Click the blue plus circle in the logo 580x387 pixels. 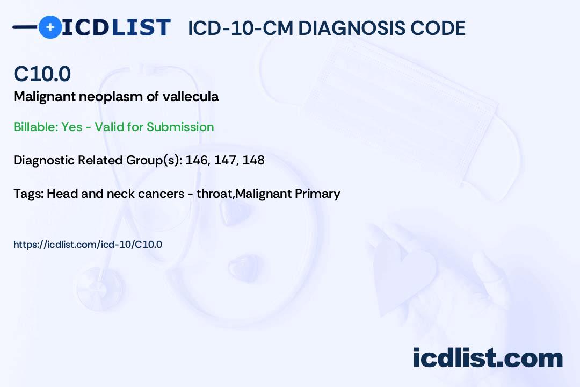click(x=50, y=27)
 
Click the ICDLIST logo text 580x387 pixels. click(x=116, y=27)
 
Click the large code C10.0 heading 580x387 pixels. click(x=42, y=74)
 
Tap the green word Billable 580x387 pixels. click(x=35, y=127)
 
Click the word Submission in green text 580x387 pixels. click(x=180, y=127)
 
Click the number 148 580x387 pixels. click(x=253, y=160)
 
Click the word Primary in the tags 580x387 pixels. click(x=317, y=193)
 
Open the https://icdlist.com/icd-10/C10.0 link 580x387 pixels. click(x=88, y=245)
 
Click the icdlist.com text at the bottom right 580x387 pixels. click(x=488, y=357)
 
